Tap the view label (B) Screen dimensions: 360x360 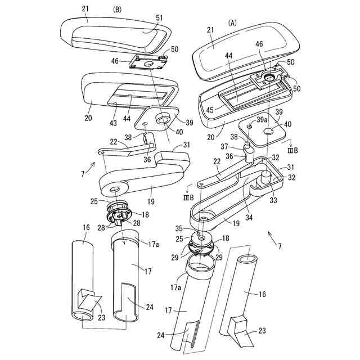[x=117, y=10]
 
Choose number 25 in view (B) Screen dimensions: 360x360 [x=94, y=201]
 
